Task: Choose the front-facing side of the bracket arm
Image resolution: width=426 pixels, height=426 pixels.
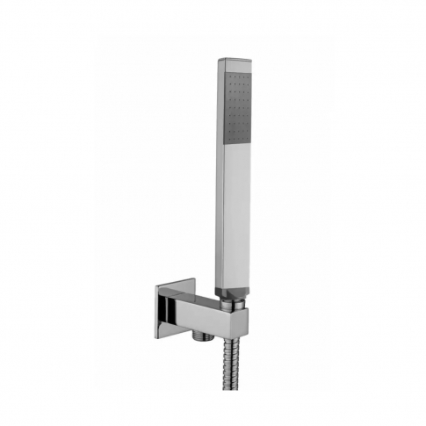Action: click(215, 320)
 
